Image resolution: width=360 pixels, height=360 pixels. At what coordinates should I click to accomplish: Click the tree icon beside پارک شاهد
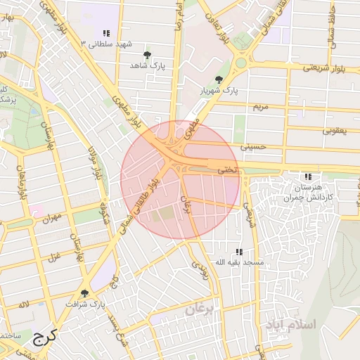[146, 55]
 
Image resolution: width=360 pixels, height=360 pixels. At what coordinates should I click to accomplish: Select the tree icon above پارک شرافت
[84, 293]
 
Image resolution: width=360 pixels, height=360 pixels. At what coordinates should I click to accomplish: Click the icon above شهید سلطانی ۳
[106, 33]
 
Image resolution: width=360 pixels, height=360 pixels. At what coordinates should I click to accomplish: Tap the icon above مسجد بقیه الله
[240, 252]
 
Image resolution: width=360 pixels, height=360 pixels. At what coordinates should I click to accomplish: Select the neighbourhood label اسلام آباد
[292, 324]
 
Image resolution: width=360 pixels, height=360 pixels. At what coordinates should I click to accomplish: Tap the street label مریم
[260, 107]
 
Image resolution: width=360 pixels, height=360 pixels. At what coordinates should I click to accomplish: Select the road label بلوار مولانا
[94, 163]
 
